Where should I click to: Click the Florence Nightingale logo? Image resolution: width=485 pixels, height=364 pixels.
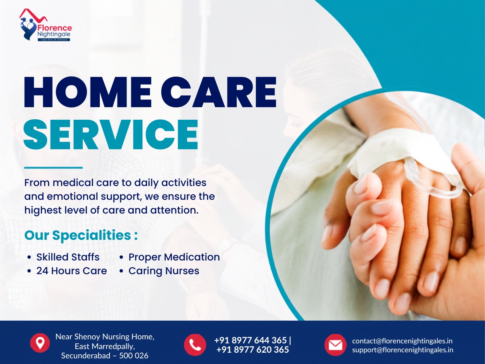pos(45,25)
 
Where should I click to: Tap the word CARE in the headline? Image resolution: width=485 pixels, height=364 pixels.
pos(219,92)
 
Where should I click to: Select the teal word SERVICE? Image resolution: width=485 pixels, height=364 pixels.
pos(111,134)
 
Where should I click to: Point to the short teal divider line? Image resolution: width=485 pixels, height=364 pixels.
pos(53,168)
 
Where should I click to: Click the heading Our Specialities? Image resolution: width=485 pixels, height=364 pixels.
pos(81,235)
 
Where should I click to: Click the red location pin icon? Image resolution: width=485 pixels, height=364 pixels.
pos(40,343)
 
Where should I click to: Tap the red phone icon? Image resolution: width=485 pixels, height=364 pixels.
pos(195,345)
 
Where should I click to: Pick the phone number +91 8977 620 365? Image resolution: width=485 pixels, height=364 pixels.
pos(253,350)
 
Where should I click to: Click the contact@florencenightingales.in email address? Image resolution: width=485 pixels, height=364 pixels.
pos(402,341)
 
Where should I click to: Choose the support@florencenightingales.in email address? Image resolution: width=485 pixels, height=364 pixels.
pos(403,350)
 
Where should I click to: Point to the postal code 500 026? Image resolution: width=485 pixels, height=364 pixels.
pos(134,356)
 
